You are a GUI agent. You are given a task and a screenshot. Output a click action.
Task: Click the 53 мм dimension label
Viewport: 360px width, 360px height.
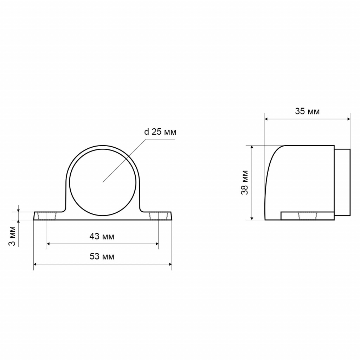(x=102, y=256)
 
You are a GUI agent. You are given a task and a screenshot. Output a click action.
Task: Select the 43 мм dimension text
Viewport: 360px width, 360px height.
(x=102, y=236)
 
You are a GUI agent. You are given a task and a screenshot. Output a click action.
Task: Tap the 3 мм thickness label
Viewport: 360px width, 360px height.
(x=13, y=236)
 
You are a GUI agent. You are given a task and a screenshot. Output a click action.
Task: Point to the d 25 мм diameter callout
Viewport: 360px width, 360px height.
(x=160, y=132)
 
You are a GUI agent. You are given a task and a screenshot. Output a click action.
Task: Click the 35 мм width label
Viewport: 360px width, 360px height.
(x=307, y=111)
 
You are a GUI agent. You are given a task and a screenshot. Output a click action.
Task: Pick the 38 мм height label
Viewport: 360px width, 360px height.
(x=245, y=183)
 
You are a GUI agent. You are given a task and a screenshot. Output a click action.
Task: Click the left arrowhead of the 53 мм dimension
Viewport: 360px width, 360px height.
(x=35, y=264)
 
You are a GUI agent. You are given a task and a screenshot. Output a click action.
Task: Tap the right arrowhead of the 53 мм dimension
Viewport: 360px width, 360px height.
(x=171, y=264)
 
